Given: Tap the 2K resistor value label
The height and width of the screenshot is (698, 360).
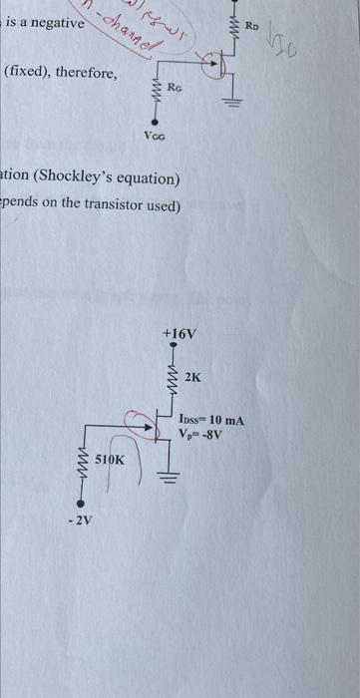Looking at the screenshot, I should click(x=192, y=378).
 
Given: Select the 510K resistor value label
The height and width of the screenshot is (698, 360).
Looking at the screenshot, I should click(x=110, y=460).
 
